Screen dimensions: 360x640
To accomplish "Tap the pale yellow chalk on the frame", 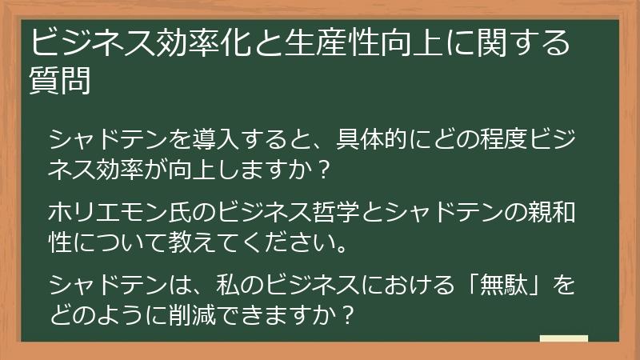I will pos(564,339).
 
